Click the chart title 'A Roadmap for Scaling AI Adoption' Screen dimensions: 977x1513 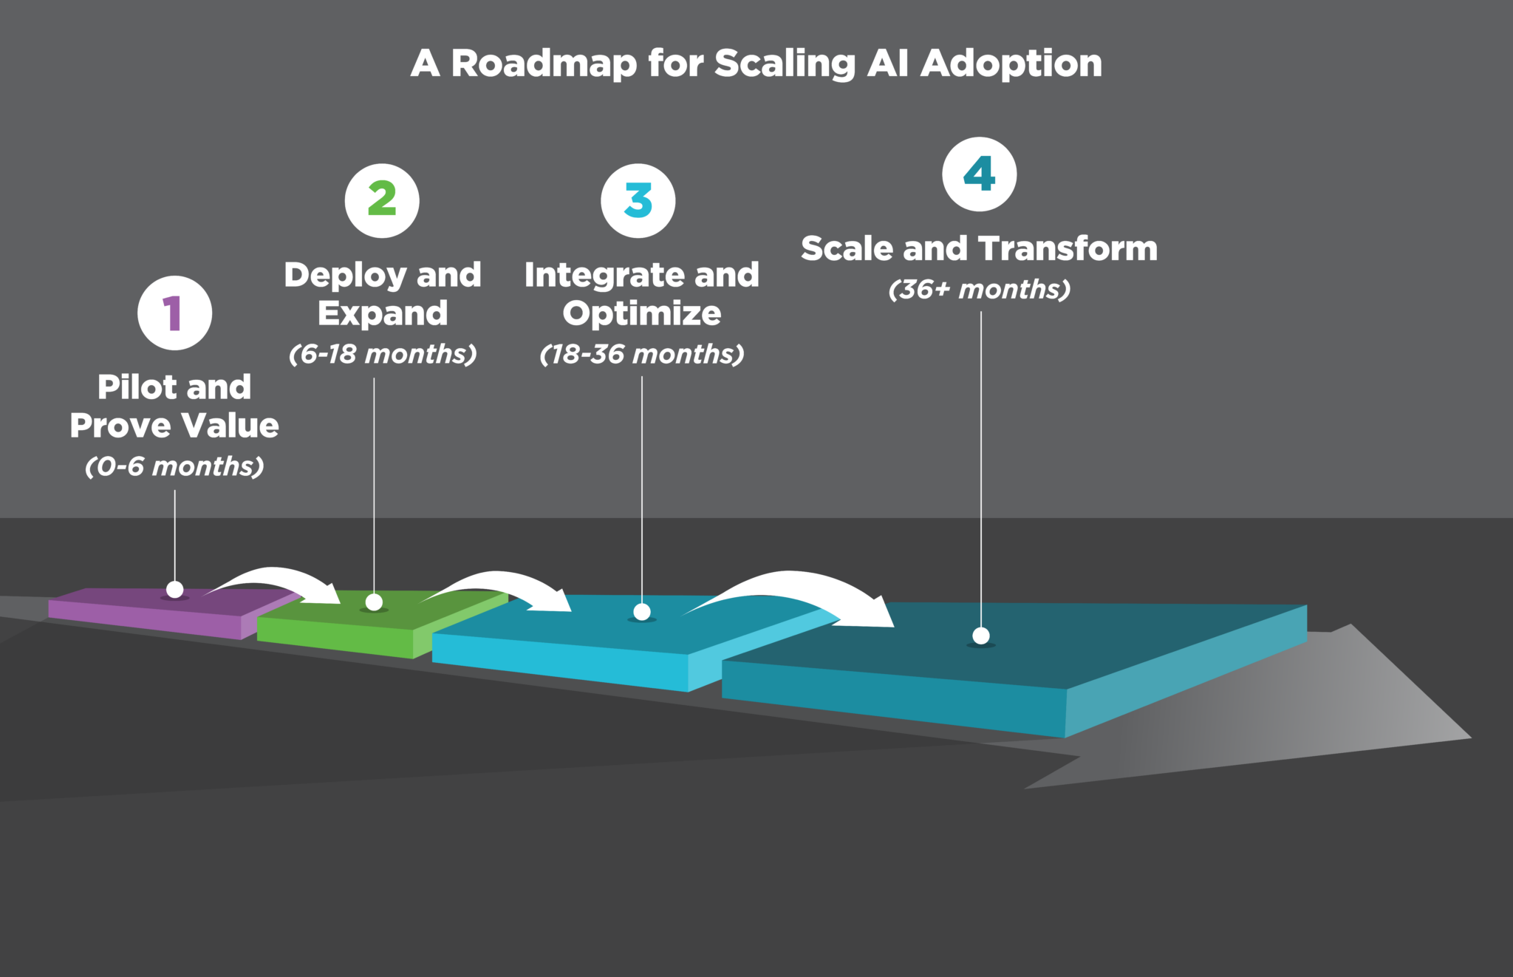coord(756,64)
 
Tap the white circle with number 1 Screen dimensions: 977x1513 coord(174,313)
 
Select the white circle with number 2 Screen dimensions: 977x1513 coord(382,200)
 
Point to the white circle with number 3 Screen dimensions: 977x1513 coord(638,200)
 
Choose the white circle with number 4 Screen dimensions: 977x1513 coord(980,174)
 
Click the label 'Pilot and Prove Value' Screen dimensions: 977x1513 coord(174,406)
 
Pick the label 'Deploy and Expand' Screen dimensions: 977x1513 coord(383,293)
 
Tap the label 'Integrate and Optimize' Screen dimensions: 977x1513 coord(641,293)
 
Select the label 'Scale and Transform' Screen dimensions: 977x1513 coord(979,248)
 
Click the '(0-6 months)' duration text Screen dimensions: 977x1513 coord(174,466)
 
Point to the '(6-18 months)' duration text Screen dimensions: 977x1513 coord(383,354)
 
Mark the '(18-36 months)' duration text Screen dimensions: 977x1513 coord(641,354)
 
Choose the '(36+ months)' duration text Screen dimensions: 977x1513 coord(979,289)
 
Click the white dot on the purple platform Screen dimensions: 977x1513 coord(175,589)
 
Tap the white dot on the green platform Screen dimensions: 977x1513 coord(374,602)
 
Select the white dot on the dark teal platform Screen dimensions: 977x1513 coord(981,636)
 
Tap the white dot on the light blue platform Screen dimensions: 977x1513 coord(642,612)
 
